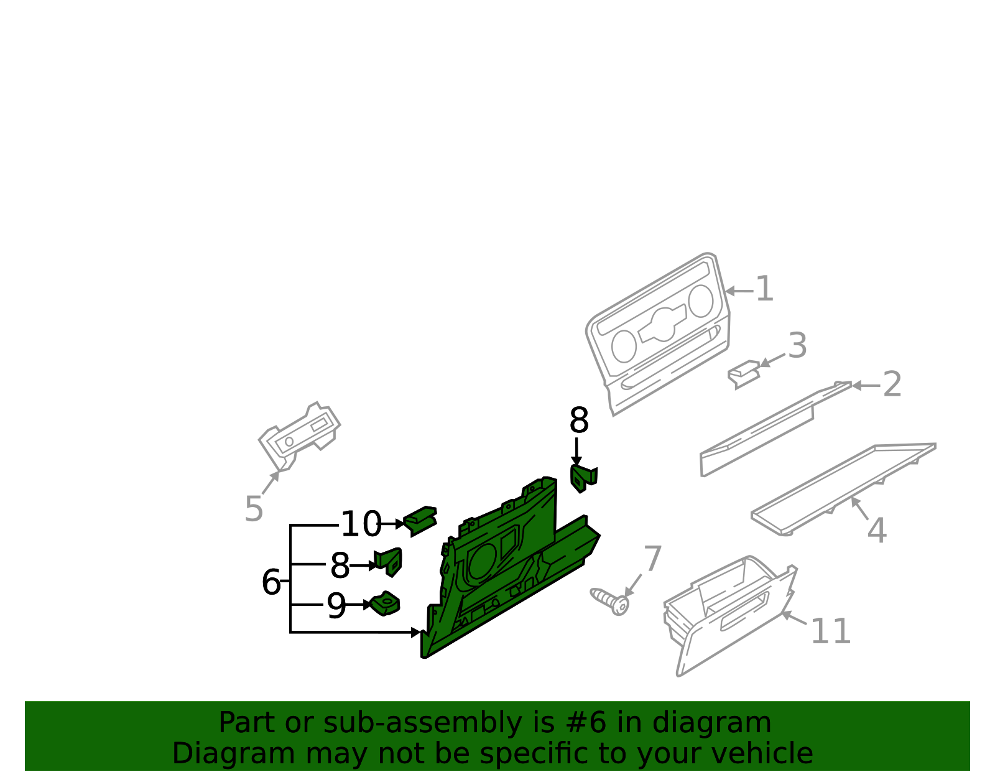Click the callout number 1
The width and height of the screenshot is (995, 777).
(764, 289)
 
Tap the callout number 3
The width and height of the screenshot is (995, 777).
(797, 346)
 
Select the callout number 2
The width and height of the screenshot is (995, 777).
(892, 384)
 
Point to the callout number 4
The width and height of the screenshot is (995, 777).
(877, 531)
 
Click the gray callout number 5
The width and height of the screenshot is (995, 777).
(254, 509)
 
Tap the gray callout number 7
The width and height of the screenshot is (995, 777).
(652, 558)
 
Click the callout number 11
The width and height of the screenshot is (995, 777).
(831, 631)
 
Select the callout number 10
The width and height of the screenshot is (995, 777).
(361, 524)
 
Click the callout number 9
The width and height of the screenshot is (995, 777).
(336, 606)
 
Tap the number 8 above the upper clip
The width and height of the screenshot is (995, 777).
(579, 420)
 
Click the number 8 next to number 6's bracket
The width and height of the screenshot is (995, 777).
(340, 565)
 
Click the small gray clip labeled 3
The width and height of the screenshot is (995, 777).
(744, 374)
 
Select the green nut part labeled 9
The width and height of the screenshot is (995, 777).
(385, 603)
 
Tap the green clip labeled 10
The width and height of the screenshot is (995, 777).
(420, 521)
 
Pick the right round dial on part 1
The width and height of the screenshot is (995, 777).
(701, 301)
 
